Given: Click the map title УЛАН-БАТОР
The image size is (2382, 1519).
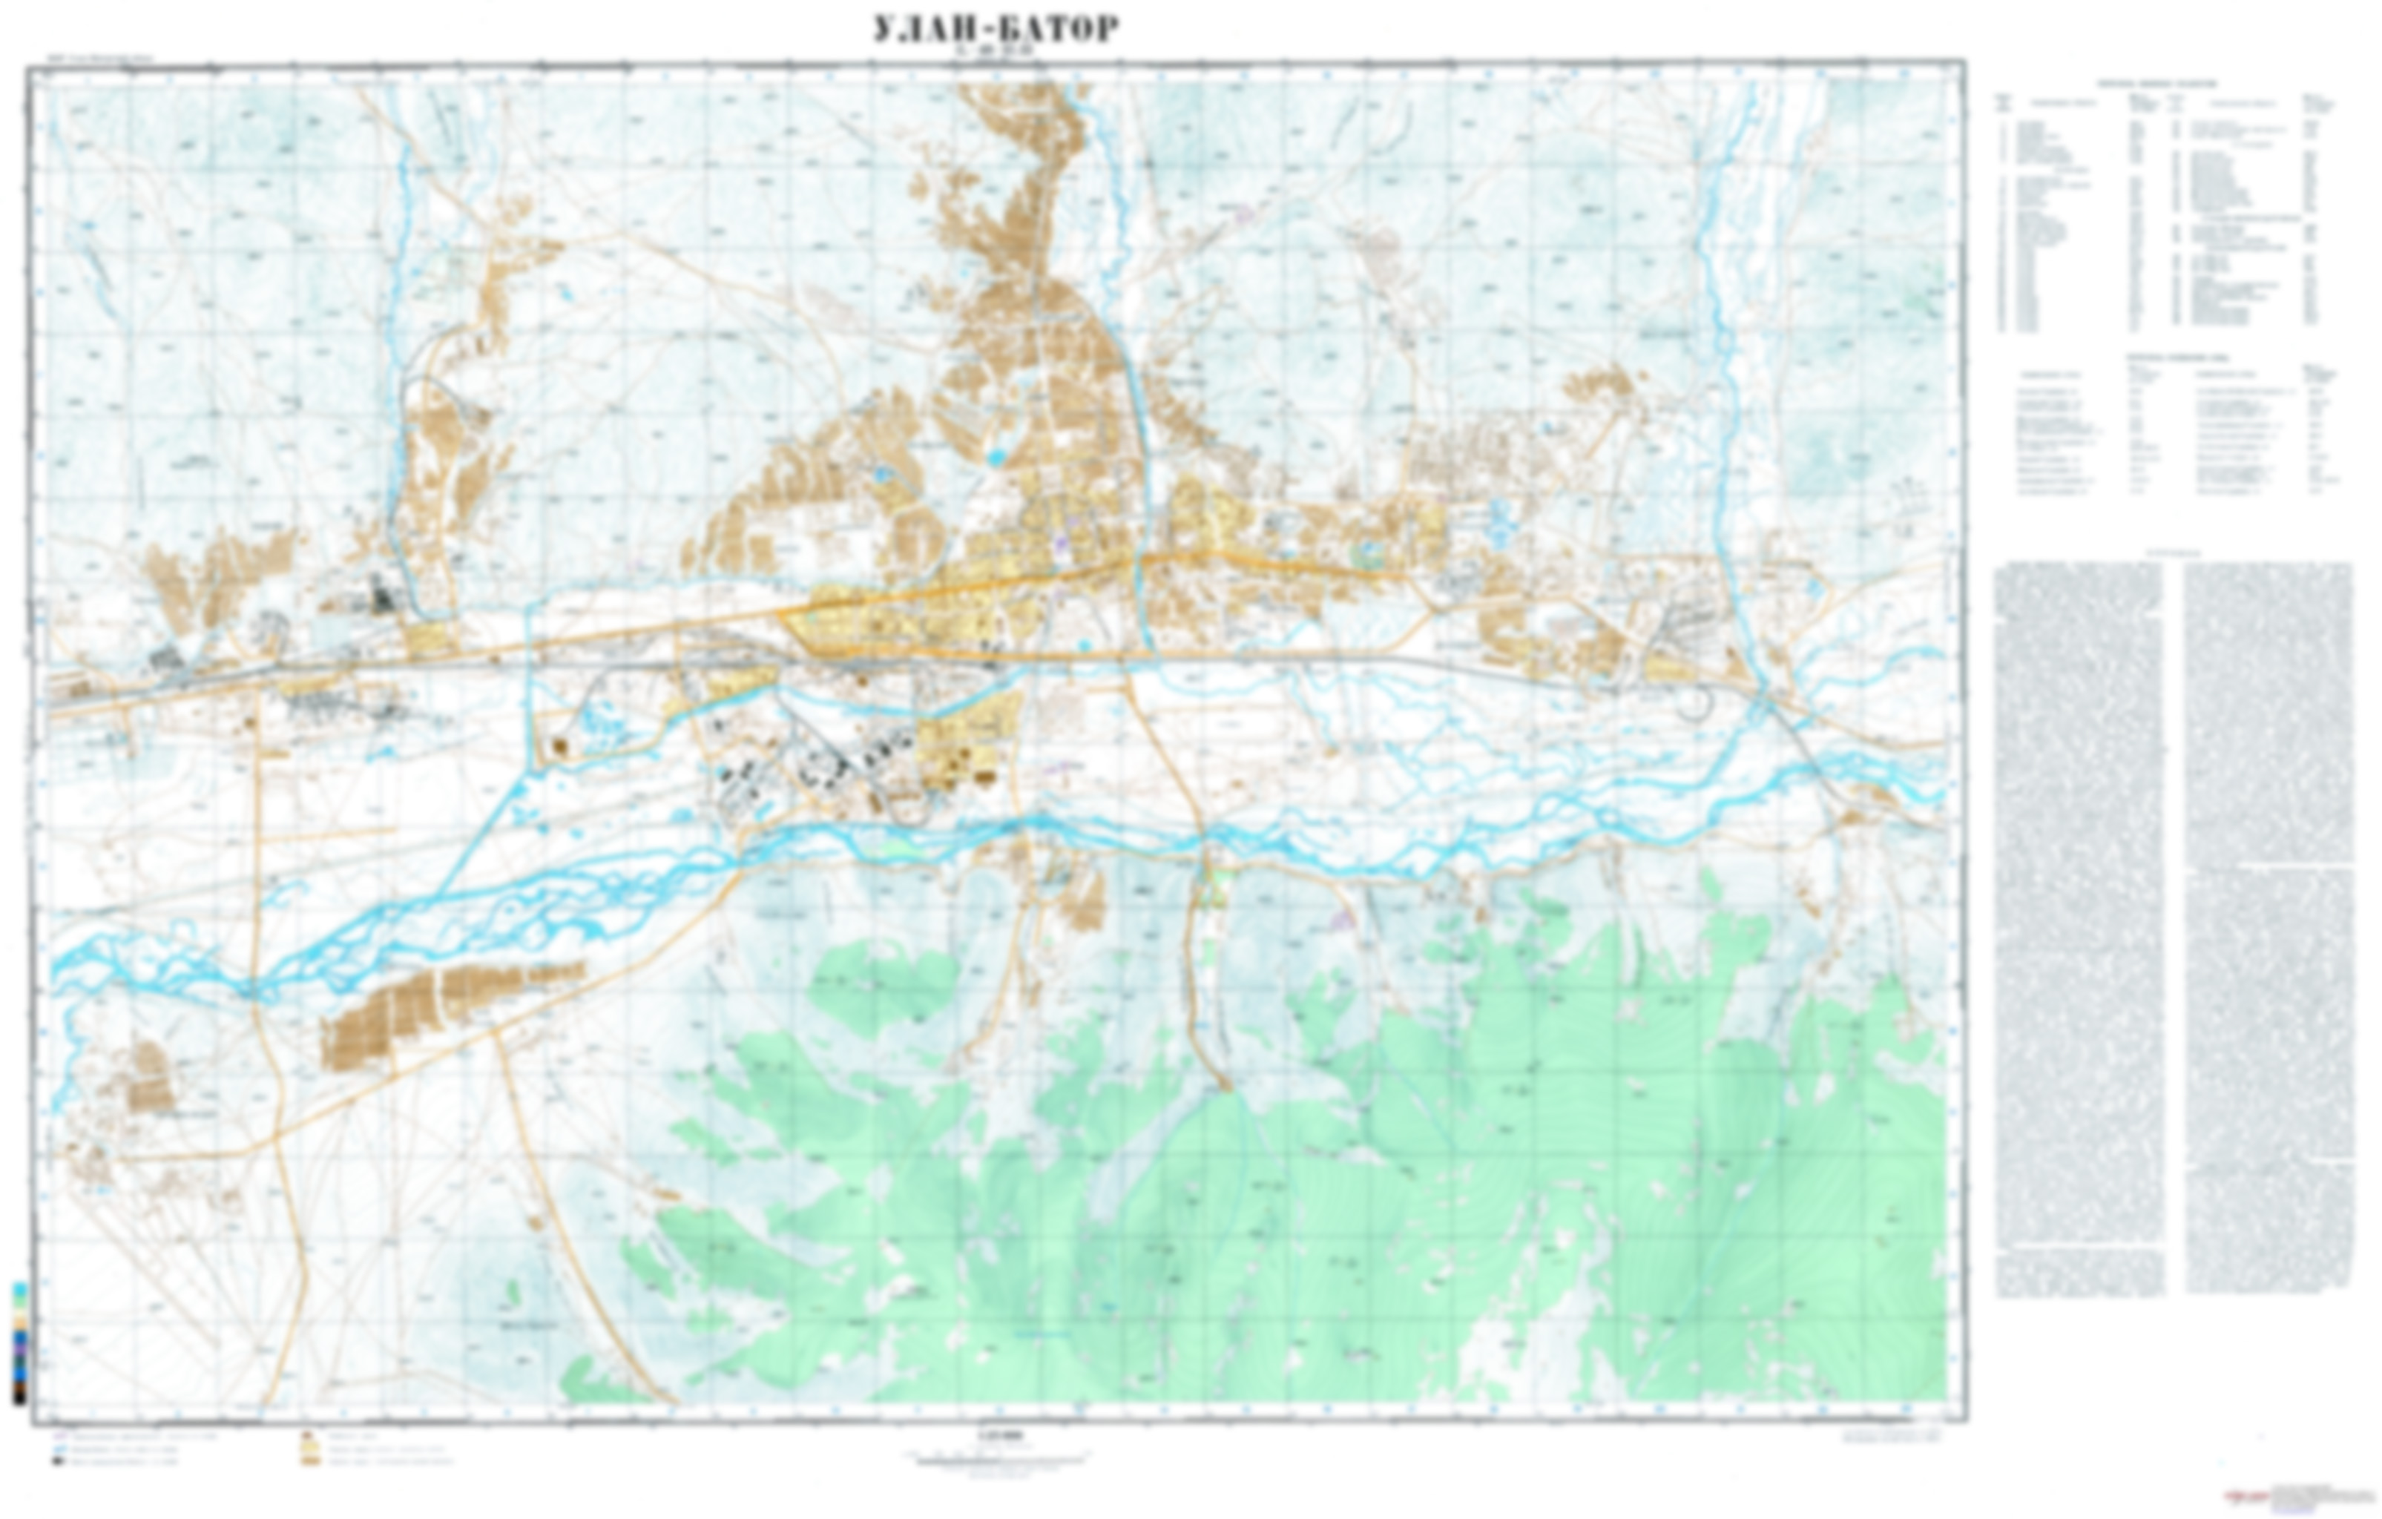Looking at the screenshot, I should point(996,29).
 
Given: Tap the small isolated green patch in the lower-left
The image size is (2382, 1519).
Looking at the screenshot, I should point(513,1291).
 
